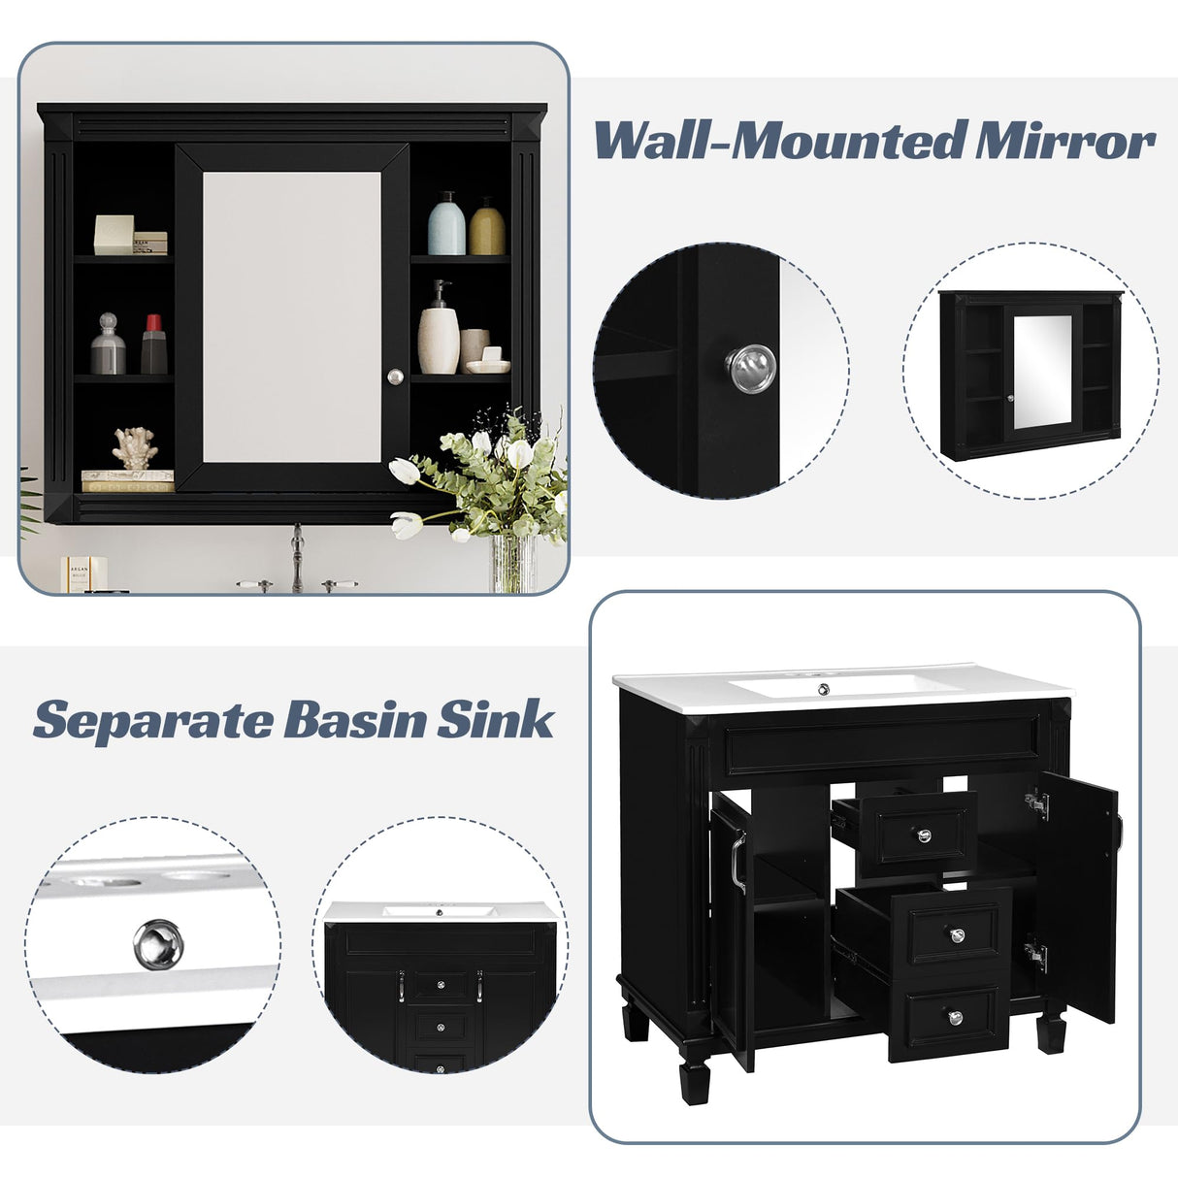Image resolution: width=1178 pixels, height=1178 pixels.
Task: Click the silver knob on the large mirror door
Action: (x=394, y=376)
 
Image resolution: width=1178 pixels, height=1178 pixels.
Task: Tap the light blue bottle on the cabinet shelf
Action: (x=446, y=224)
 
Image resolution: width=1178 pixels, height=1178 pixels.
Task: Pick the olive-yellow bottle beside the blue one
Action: (x=487, y=227)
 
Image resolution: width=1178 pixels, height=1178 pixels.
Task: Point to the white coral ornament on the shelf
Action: (x=134, y=449)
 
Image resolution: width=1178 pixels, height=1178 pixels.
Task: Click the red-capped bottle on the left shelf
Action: (x=153, y=344)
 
